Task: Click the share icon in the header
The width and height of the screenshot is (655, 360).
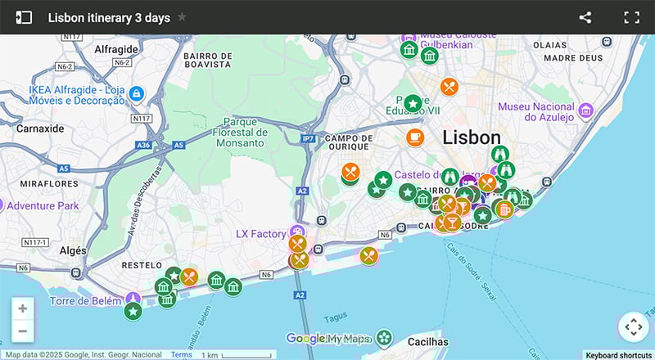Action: pos(585,17)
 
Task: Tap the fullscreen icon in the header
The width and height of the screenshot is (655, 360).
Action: pos(631,17)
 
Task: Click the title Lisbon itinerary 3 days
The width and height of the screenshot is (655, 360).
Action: pos(109,17)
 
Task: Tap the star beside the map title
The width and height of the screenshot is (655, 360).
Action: pos(182,17)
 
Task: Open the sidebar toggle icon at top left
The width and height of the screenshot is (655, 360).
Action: pos(24,17)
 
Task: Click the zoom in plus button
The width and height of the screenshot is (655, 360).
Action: pos(22,308)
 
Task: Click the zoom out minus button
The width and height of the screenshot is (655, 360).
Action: pos(22,331)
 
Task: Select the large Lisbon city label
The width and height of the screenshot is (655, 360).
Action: pos(471,137)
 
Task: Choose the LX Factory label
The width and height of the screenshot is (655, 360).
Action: pos(260,234)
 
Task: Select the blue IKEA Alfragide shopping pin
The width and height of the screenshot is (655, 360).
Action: pos(136,95)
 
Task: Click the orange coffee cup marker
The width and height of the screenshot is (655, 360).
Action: pos(416,137)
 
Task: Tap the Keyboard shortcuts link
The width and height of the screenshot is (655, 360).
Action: pos(619,355)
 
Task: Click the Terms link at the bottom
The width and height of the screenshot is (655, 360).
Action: pos(182,355)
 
